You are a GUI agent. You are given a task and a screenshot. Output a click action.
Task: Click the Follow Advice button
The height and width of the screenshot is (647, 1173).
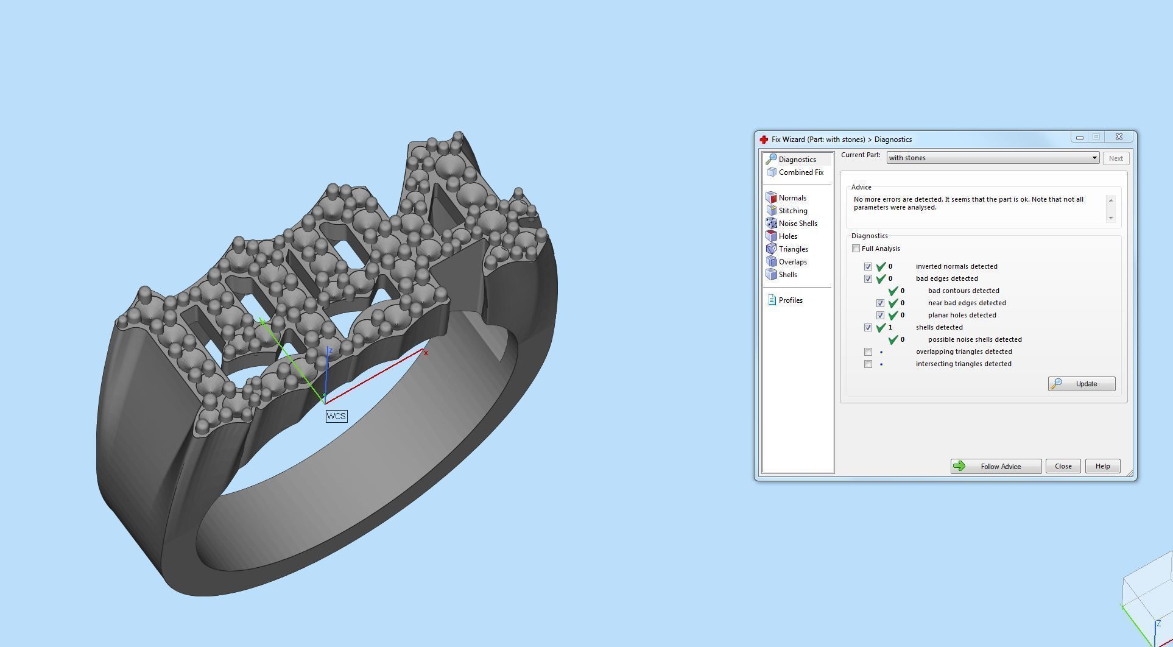click(996, 467)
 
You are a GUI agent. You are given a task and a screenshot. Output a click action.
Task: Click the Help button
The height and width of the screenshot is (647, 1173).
click(1102, 467)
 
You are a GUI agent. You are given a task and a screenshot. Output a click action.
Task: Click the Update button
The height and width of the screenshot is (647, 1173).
click(1082, 384)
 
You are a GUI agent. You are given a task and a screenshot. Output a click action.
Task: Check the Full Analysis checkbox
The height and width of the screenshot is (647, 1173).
click(856, 249)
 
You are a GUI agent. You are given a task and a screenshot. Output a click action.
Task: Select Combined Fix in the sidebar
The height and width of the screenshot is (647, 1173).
click(800, 172)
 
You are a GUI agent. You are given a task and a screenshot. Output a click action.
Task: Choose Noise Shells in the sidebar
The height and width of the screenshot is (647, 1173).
click(797, 224)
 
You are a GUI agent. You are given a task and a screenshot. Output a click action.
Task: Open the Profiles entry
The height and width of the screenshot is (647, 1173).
click(790, 300)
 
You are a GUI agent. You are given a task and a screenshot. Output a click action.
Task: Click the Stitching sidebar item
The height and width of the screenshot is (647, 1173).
click(792, 211)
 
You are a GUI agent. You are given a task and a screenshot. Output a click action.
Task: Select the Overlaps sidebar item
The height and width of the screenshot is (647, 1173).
click(792, 262)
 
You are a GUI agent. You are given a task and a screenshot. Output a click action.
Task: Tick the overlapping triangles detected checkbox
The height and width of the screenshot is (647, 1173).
click(868, 352)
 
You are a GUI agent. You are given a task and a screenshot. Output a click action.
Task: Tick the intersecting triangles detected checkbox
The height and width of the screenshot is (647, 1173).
click(868, 364)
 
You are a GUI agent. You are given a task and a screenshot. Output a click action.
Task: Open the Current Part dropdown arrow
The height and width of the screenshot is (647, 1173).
click(1094, 158)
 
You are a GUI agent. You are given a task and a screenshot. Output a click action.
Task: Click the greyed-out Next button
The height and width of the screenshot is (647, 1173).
click(1116, 158)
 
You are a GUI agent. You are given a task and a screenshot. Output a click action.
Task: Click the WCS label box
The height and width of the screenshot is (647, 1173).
click(336, 417)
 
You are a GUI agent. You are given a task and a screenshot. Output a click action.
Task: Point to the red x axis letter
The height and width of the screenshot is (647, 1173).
click(426, 353)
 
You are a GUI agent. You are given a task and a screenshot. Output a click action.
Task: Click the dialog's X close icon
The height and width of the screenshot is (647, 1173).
click(1119, 137)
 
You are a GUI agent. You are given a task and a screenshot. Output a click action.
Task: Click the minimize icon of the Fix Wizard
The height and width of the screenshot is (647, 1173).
click(1080, 137)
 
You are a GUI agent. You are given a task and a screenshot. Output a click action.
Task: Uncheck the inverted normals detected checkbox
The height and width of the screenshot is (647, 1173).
click(868, 267)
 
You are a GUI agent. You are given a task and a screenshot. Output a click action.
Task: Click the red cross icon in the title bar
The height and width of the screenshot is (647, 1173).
click(764, 140)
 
